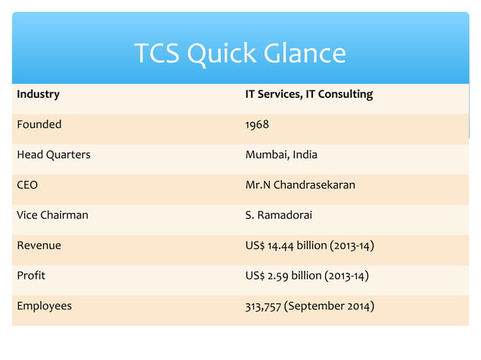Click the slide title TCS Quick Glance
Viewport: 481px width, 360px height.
[240, 54]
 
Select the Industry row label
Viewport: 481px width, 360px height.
[38, 95]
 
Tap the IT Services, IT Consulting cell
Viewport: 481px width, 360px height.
[309, 95]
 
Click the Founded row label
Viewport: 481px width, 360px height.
[39, 124]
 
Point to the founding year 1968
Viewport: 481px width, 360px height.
[257, 124]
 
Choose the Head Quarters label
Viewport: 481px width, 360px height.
[54, 154]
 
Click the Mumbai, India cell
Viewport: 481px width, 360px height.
[281, 154]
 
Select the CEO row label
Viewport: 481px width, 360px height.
[27, 185]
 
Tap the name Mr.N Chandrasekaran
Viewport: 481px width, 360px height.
[300, 185]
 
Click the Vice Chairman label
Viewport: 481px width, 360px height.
[53, 215]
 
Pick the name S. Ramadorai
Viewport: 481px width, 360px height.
[278, 215]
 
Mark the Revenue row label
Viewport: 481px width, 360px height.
[39, 245]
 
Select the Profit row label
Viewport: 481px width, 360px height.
[31, 275]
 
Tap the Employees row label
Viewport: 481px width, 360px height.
[44, 306]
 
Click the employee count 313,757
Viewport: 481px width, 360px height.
[263, 306]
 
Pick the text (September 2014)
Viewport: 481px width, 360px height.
[329, 306]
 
